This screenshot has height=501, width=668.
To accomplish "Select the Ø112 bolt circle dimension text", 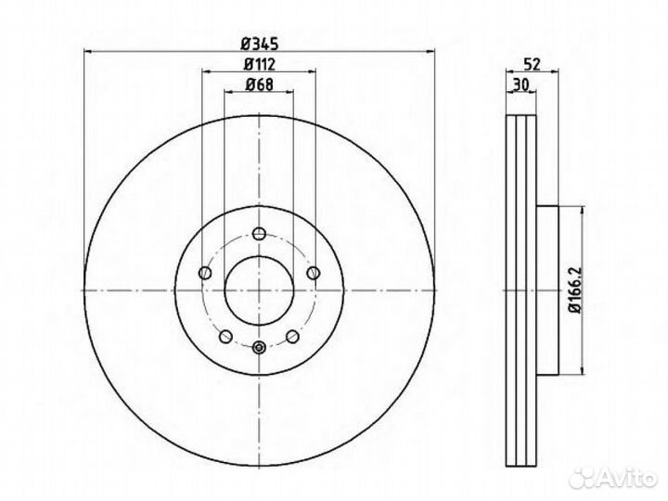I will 259,65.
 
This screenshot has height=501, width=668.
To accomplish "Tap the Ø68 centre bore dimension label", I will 259,86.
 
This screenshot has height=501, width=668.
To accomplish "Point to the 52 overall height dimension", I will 533,65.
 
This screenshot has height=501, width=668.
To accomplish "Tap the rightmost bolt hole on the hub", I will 314,272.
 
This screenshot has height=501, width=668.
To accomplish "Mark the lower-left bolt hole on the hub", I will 225,335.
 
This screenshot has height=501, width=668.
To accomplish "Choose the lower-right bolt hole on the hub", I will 292,335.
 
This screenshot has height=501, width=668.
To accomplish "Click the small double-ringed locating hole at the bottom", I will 259,348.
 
